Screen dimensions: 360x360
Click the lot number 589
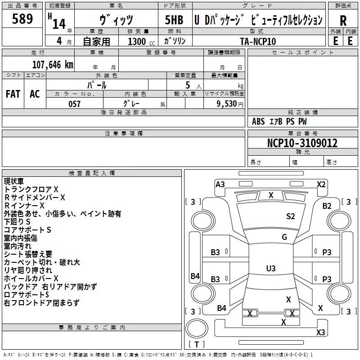(22, 19)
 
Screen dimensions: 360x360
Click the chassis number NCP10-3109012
(302, 143)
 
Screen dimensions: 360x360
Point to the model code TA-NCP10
(258, 41)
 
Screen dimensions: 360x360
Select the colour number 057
(74, 104)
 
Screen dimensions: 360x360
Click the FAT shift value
(13, 94)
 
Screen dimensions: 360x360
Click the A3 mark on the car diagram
(220, 184)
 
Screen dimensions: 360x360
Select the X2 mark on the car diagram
(321, 184)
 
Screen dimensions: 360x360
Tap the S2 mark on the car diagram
(291, 216)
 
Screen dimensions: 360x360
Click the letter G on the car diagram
(284, 237)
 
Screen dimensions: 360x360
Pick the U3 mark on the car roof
(270, 269)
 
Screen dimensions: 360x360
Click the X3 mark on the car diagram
(320, 333)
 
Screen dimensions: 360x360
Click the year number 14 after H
(58, 23)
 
